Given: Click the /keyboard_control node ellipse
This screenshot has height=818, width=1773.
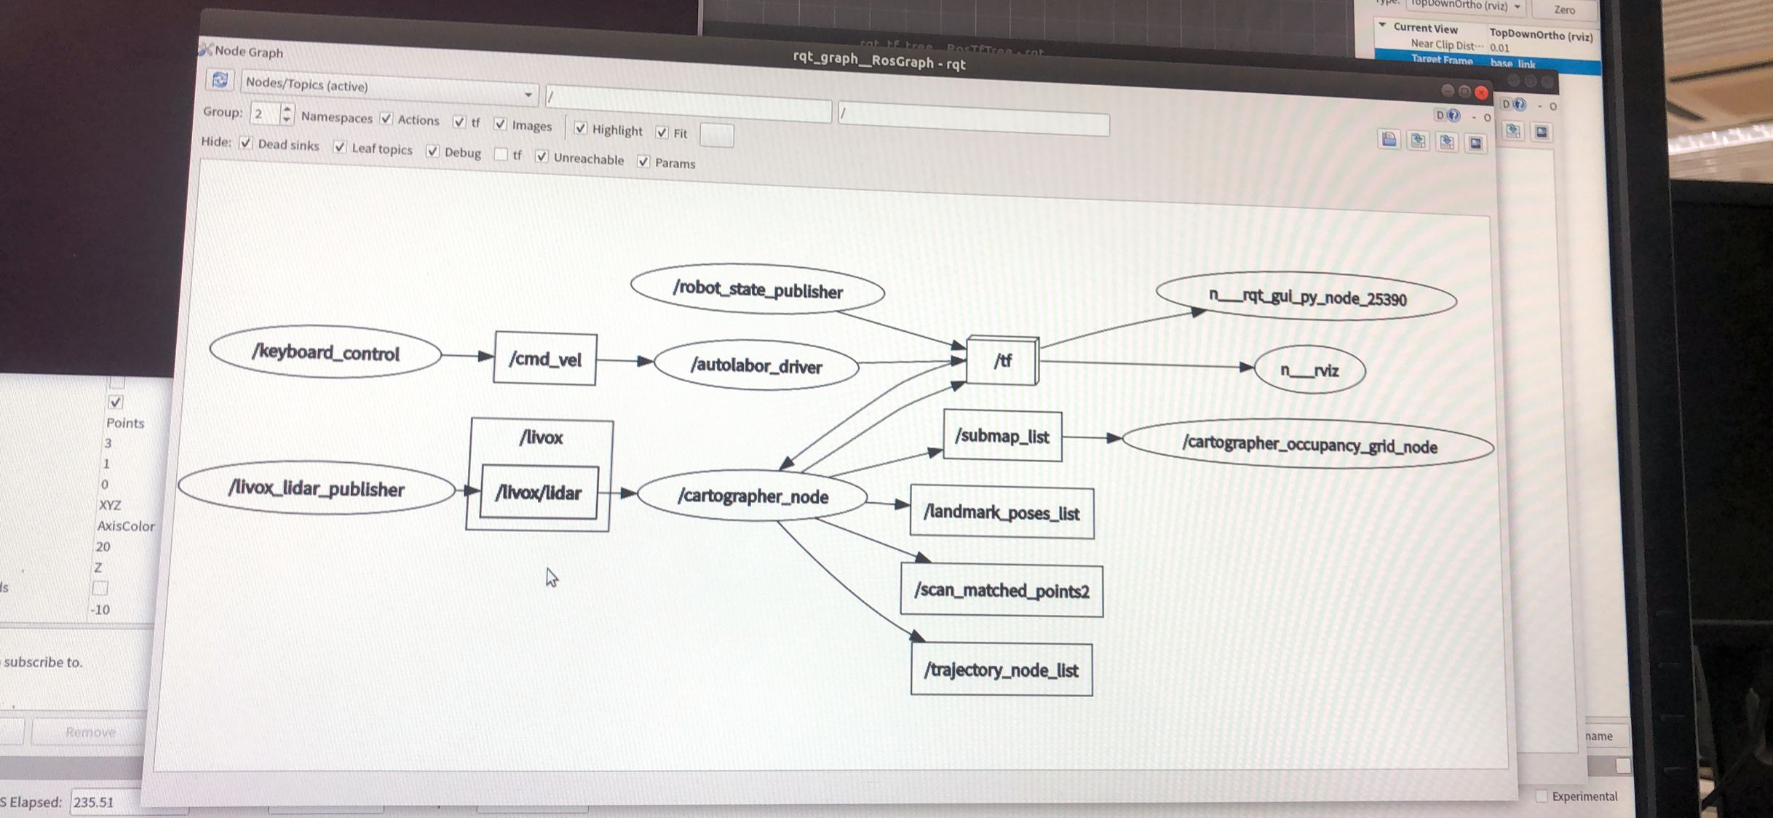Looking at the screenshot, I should coord(325,353).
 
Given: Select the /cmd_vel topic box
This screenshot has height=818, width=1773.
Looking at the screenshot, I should coord(545,359).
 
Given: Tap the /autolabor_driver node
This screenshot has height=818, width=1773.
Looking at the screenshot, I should coord(756,365).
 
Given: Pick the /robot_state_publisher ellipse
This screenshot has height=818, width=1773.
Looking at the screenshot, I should coord(758,290).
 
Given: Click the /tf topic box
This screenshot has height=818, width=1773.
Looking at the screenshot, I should coord(1002,360).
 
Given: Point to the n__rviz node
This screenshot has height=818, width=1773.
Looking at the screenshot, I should coord(1309,370).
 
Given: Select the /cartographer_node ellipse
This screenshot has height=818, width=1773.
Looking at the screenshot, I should coord(753,496).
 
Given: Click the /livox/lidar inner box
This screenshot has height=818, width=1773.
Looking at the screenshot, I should coord(539,493).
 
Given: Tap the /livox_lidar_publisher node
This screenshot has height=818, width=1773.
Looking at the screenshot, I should coord(317,488).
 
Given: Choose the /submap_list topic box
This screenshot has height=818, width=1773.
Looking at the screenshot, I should coord(1002,437).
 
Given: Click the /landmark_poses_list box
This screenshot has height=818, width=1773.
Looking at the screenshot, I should coord(1001,513).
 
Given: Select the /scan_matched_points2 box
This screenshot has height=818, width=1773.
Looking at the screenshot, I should coord(1001,590).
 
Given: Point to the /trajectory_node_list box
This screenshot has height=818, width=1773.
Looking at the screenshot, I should coord(1001,670).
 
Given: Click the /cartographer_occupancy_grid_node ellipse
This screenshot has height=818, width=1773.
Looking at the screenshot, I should coord(1309,445).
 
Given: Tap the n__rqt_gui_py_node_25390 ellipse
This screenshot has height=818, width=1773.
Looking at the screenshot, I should coord(1306,298).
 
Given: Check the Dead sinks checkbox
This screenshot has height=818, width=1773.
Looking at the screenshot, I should coord(246,143).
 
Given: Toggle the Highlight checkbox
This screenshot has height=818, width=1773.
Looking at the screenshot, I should coord(580,128).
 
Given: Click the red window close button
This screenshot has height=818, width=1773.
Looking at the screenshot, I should coord(1481,92).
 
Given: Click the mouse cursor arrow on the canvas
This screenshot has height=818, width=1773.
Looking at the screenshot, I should coord(551,577).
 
